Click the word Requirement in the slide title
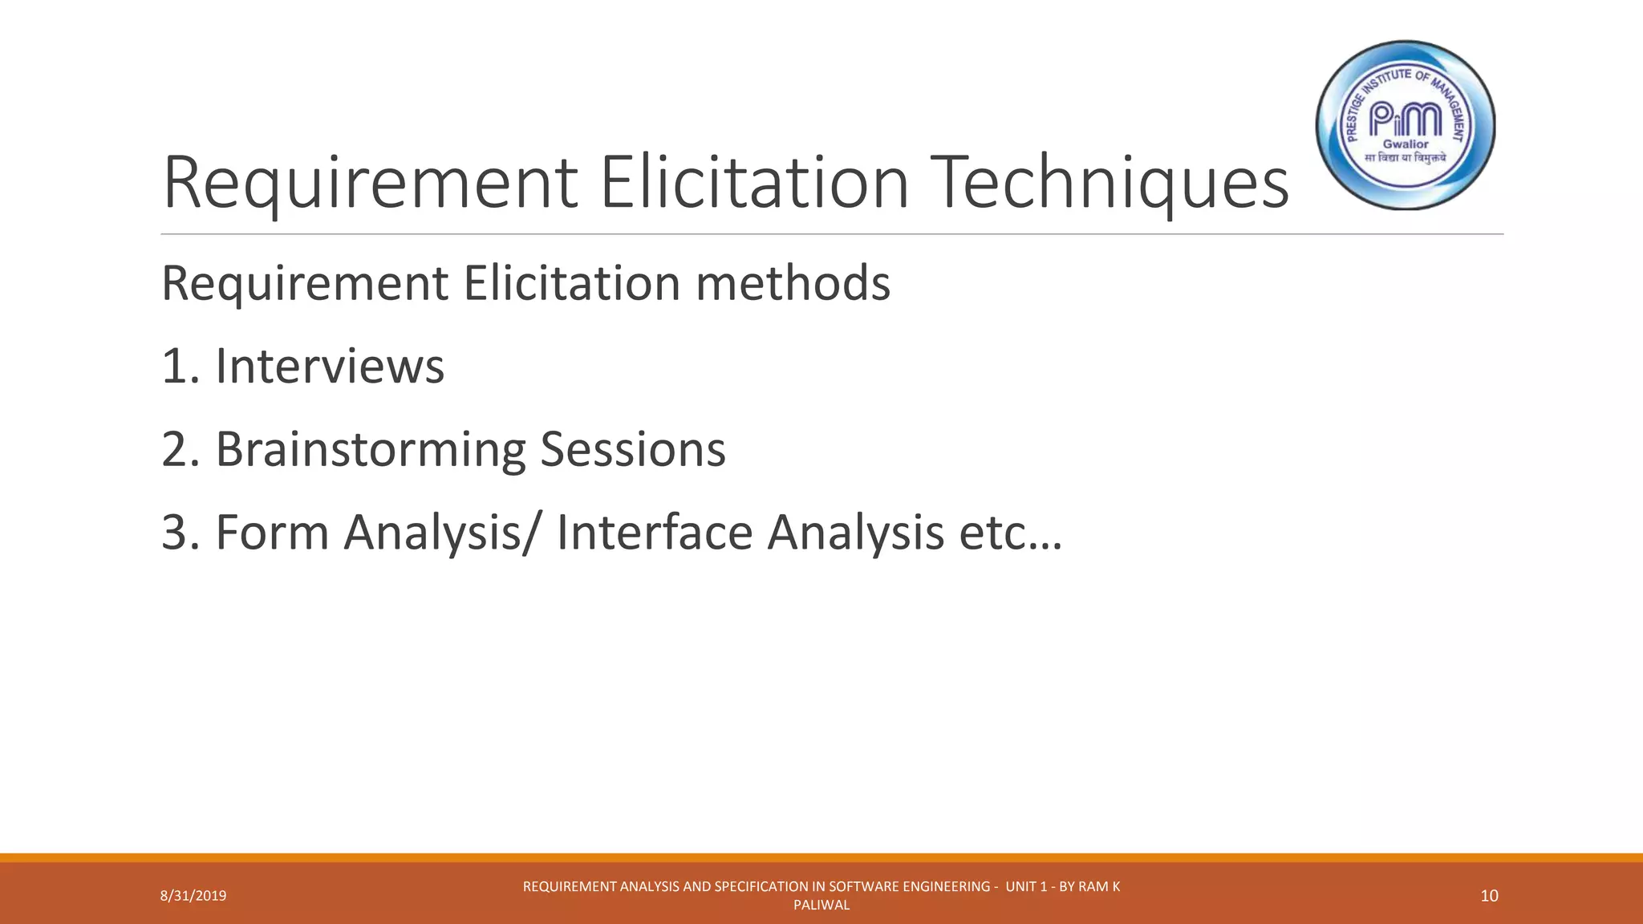370,183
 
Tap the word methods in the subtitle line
793,283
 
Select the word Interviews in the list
330,367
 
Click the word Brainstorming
370,449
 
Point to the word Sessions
632,449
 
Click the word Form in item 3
273,532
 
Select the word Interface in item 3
655,532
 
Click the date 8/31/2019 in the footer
193,896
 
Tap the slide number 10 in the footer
1489,896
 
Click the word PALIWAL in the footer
821,906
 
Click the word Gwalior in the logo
1406,144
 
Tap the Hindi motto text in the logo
1406,158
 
